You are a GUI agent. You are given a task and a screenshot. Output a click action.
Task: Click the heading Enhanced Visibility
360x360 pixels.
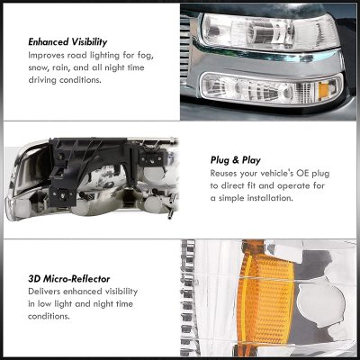(67, 42)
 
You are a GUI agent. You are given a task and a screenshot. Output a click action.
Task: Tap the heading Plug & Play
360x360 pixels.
(236, 160)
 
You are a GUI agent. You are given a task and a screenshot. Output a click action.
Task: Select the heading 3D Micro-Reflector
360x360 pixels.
(69, 279)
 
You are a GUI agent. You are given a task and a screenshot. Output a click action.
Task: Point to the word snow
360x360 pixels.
(39, 67)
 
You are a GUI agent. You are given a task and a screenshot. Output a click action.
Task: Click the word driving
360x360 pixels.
(42, 80)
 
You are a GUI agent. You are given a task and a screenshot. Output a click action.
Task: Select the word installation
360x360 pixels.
(270, 198)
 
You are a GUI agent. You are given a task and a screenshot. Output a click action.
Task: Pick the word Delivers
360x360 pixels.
(44, 292)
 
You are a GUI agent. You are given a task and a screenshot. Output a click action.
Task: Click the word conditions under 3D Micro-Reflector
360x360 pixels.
(49, 316)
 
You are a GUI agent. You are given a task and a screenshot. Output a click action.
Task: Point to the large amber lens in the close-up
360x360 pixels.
(265, 297)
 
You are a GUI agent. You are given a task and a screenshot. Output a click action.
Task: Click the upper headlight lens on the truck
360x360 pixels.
(270, 31)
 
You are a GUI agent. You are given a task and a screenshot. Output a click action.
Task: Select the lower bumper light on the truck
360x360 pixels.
(272, 89)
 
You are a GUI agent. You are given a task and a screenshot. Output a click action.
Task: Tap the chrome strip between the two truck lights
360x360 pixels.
(268, 60)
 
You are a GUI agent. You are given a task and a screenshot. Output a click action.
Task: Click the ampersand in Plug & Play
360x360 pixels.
(235, 160)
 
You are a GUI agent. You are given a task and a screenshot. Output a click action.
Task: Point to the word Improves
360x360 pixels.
(46, 56)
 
